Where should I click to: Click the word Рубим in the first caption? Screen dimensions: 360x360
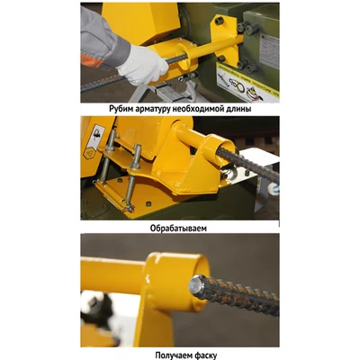click(120, 109)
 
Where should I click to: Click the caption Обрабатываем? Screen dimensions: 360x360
click(178, 228)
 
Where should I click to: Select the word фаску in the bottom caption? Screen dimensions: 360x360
click(204, 355)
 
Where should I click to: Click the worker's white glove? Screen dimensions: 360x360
click(142, 65)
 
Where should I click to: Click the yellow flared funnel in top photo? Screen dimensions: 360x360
click(185, 56)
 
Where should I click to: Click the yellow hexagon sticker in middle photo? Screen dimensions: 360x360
click(89, 154)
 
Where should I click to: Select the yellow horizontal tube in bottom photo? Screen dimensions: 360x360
click(113, 275)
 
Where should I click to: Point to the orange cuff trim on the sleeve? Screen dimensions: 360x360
click(92, 61)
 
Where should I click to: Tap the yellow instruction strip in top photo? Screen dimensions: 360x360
click(248, 80)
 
